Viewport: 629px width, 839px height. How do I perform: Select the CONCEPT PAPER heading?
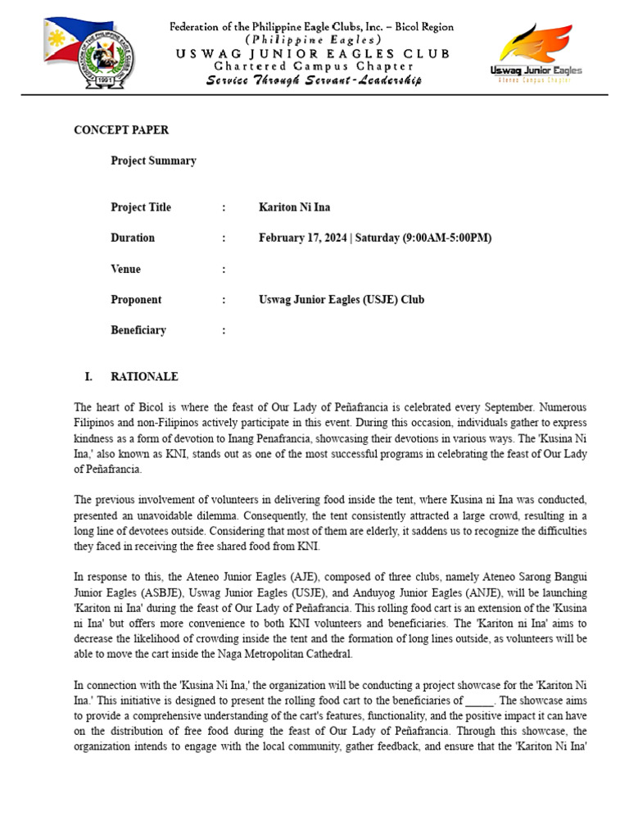121,130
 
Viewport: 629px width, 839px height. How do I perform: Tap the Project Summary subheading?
153,161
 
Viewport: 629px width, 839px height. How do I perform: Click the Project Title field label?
141,207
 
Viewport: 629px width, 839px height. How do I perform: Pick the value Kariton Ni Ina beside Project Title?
294,207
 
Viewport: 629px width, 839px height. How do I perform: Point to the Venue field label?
125,269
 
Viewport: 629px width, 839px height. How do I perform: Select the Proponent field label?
136,300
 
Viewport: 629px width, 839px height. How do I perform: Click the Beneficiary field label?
138,330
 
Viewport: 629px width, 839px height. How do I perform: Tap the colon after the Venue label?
224,269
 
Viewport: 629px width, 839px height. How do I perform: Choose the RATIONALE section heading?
144,377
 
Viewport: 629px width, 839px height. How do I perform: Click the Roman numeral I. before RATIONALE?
88,377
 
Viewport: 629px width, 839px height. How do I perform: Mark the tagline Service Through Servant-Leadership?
314,80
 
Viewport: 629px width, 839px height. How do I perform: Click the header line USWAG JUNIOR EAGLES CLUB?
312,53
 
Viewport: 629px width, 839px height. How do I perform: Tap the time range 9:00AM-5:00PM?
446,238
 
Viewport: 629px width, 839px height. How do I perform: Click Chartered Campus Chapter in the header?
312,66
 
